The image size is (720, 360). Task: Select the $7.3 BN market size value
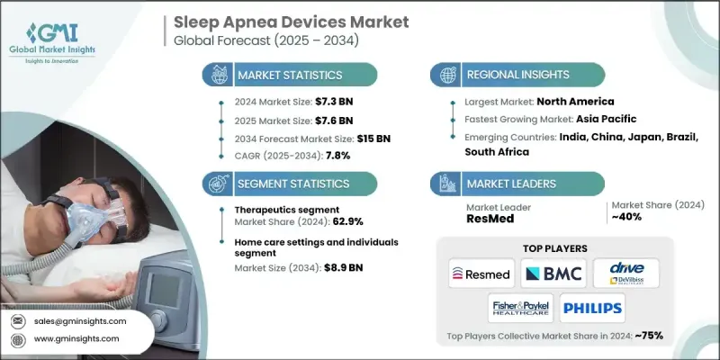pyautogui.click(x=318, y=103)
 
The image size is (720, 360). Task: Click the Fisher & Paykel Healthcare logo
pyautogui.click(x=517, y=309)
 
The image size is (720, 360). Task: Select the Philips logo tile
pyautogui.click(x=592, y=309)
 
